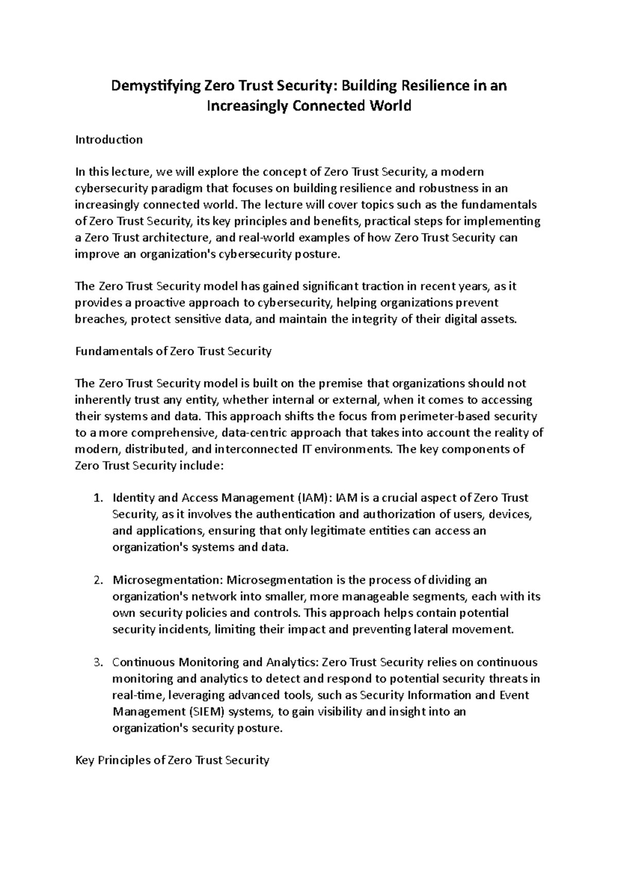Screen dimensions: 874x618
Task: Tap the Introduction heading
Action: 109,139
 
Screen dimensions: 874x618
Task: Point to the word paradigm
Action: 175,188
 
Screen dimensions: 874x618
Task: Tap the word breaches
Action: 100,320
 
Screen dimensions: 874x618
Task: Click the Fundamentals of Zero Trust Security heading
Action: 173,352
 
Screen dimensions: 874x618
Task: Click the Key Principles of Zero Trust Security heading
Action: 172,761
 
